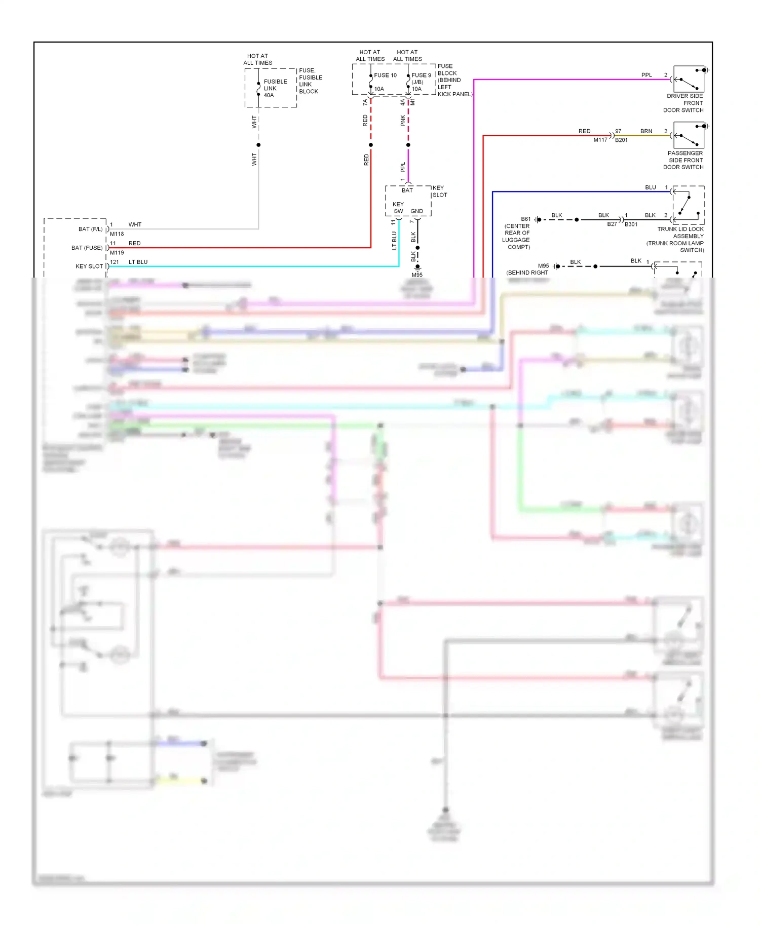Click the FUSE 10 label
coord(385,75)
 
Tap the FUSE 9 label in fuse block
coord(421,75)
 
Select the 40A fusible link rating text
coord(269,95)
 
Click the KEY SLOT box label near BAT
coord(439,191)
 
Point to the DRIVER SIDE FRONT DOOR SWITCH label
coord(685,103)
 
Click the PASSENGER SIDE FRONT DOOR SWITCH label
coord(685,160)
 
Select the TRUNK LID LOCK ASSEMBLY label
coord(680,233)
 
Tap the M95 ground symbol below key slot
coord(417,267)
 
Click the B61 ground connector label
coord(525,219)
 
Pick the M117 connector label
coord(600,140)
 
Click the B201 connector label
coord(622,140)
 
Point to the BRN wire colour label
coord(646,131)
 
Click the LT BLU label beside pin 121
coord(138,262)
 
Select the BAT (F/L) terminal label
coord(90,229)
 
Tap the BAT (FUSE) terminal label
coord(87,248)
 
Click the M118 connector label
coord(117,234)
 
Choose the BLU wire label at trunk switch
coord(650,187)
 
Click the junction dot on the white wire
coord(258,145)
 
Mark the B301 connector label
coord(631,224)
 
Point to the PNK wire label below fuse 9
coord(403,121)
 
